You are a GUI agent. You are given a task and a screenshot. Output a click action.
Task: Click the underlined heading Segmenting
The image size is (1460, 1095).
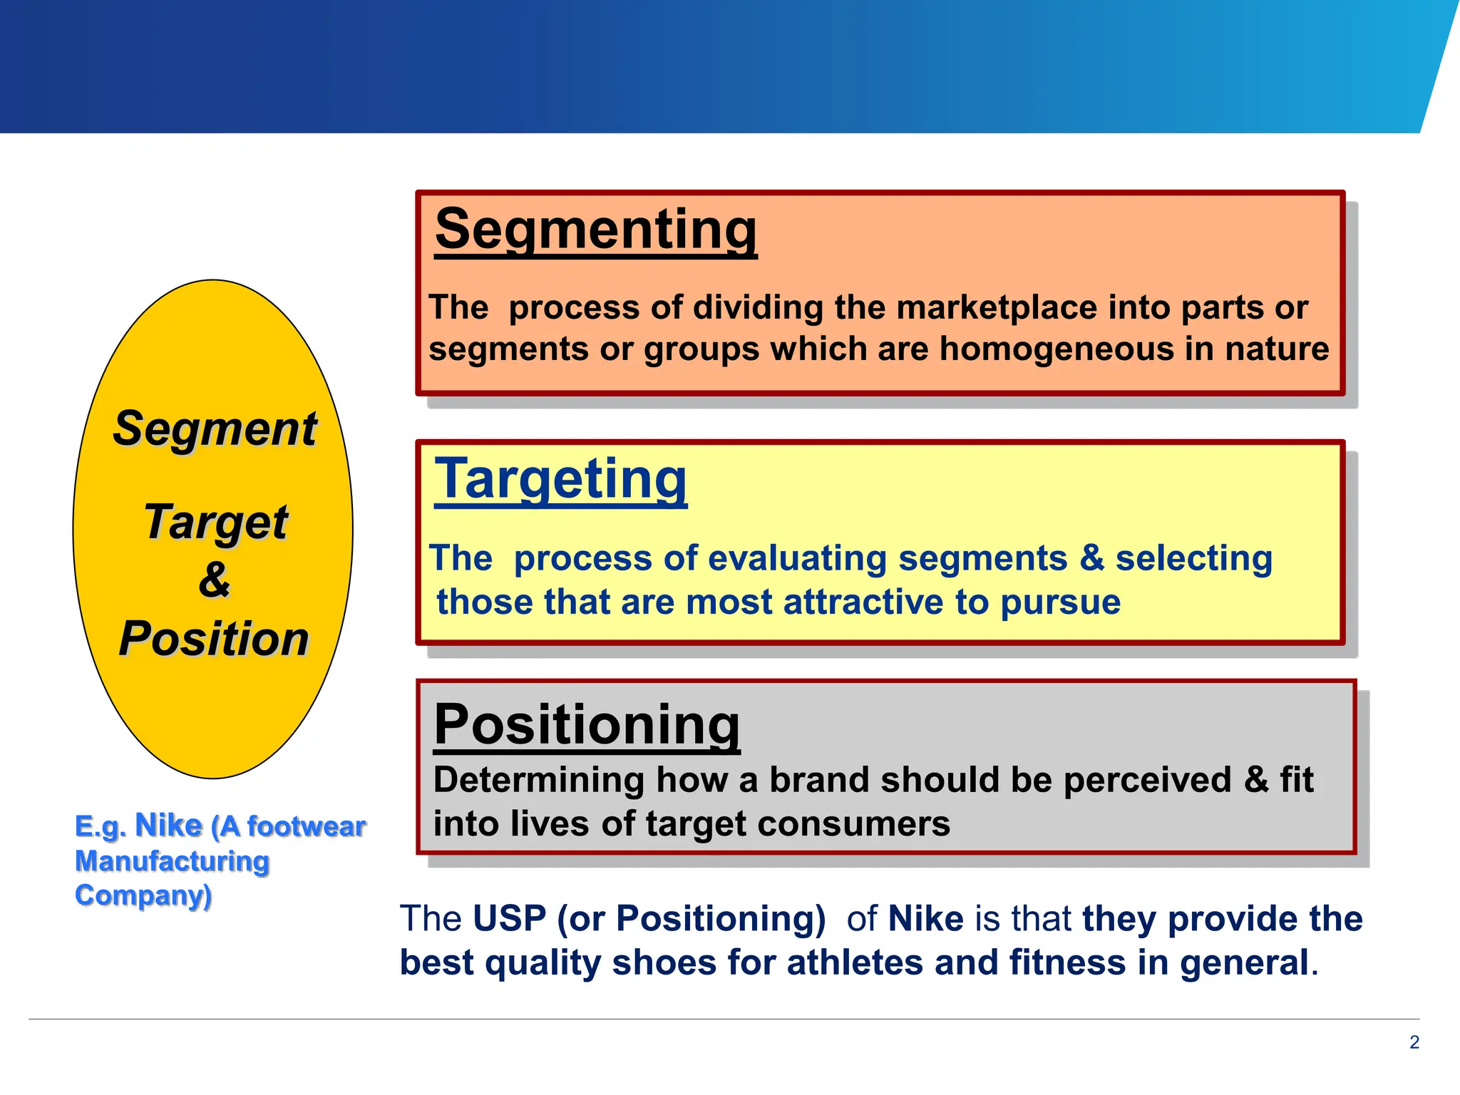596,230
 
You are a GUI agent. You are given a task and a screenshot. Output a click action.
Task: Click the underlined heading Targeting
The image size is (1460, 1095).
561,480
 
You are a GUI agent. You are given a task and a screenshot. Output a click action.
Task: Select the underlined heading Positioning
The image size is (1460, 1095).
587,725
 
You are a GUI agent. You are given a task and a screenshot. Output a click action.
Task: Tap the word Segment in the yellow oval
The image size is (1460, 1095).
215,429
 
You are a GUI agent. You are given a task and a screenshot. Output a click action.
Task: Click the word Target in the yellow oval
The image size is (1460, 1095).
215,522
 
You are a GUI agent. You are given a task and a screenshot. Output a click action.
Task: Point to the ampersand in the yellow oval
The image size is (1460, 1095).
214,579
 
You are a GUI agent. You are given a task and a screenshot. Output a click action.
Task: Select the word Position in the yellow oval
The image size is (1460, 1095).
214,638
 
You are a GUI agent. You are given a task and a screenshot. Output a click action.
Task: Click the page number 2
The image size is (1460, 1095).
1414,1042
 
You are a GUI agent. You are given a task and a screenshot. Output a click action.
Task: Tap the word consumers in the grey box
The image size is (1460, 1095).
853,824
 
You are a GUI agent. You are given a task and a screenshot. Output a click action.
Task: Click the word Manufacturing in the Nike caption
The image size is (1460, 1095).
172,861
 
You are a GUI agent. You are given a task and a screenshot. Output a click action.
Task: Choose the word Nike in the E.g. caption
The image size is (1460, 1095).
168,826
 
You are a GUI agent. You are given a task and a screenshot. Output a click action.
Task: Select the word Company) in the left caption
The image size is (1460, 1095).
143,895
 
